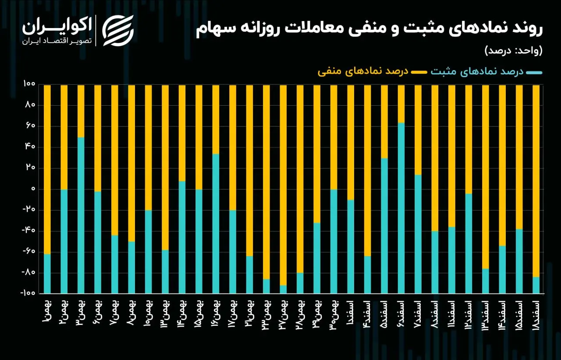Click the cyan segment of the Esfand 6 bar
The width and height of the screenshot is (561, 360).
point(401,208)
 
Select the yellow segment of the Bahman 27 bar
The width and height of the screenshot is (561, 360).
point(283,185)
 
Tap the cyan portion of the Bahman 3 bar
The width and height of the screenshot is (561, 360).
point(81,215)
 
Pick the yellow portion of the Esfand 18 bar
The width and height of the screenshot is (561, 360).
point(536,181)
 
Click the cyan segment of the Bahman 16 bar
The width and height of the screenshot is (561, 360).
point(216,224)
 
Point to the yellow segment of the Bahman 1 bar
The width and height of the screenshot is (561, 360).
point(47,170)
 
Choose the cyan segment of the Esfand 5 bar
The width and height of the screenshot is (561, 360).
point(384,226)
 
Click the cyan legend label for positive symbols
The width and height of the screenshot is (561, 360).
point(477,71)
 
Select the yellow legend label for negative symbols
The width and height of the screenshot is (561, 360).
point(363,71)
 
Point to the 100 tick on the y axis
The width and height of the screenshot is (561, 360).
point(29,84)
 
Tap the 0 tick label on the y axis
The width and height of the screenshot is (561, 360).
point(33,189)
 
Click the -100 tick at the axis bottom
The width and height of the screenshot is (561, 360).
point(28,293)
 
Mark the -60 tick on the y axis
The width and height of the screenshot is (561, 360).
point(29,251)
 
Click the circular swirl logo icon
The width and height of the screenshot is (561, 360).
point(118,31)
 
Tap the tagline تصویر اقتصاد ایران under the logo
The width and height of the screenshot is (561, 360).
point(57,41)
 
